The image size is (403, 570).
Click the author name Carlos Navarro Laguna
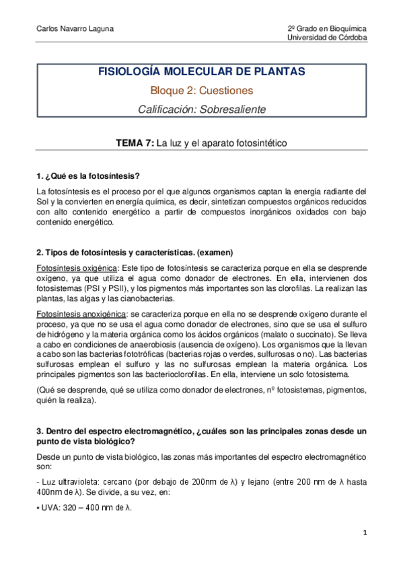[x=66, y=29]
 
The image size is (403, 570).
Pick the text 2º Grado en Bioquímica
[x=327, y=29]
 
